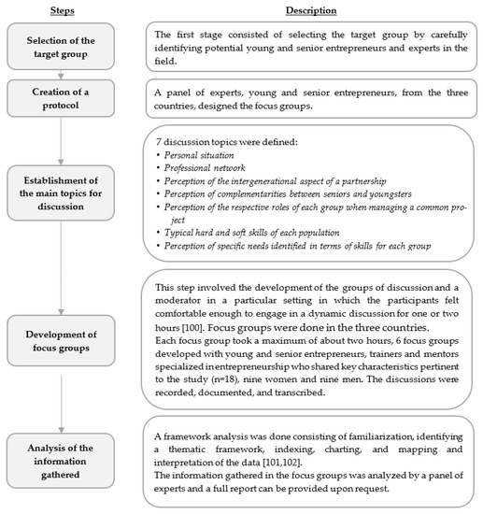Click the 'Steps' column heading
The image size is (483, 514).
point(61,10)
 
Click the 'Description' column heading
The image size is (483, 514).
point(313,10)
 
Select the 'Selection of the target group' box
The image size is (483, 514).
point(61,49)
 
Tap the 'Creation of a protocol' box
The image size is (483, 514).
point(61,98)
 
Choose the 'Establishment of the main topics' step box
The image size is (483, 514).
point(61,195)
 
